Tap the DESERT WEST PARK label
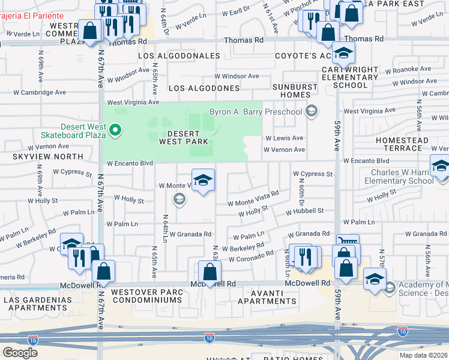pyautogui.click(x=184, y=137)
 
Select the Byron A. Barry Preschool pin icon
pyautogui.click(x=311, y=111)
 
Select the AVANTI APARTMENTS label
pyautogui.click(x=268, y=296)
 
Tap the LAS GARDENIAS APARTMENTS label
pyautogui.click(x=34, y=303)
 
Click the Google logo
pyautogui.click(x=20, y=353)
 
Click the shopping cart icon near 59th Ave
pyautogui.click(x=348, y=242)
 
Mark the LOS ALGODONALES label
pyautogui.click(x=179, y=56)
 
